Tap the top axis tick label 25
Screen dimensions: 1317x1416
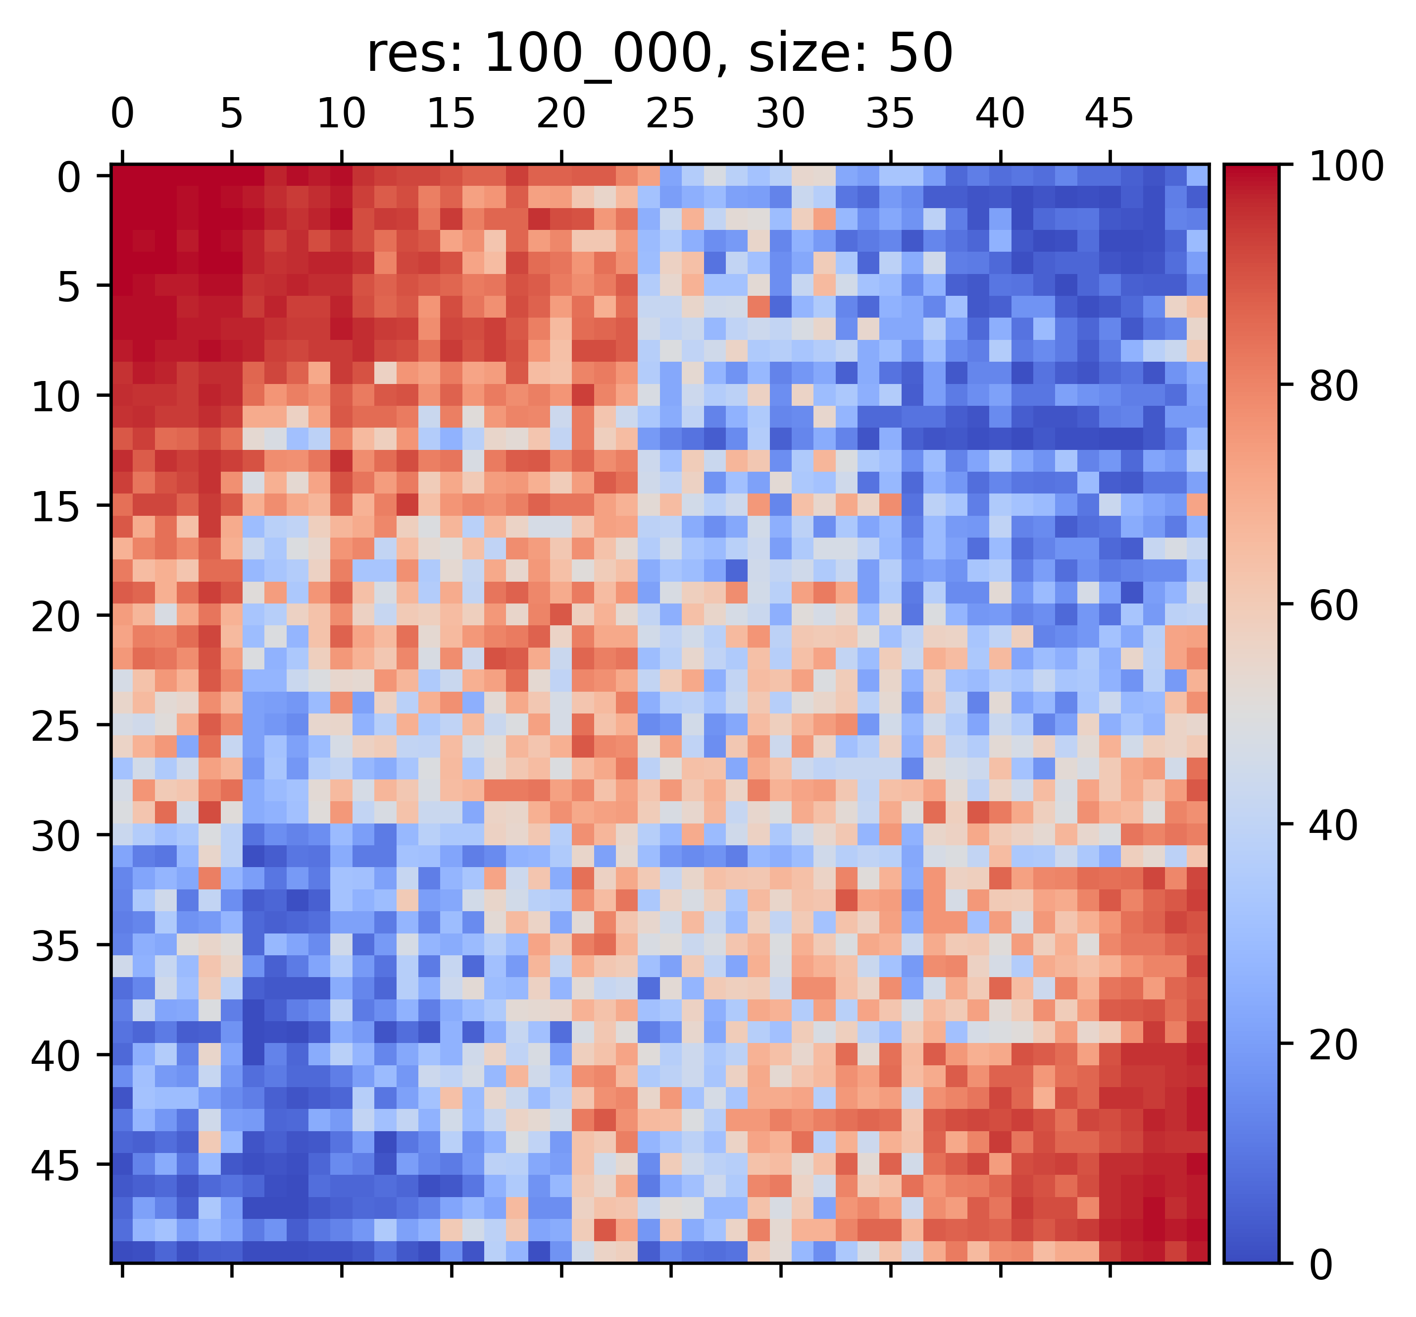click(x=670, y=113)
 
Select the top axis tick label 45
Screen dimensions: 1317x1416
click(x=1109, y=113)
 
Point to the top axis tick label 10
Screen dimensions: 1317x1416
click(x=341, y=113)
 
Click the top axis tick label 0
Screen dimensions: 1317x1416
click(x=122, y=113)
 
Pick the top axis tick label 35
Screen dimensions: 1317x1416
click(x=890, y=113)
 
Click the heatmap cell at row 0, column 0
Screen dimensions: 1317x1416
click(x=122, y=175)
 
